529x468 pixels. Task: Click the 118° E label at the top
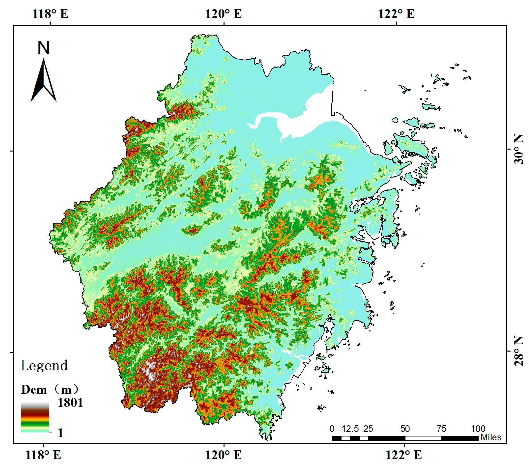pos(50,13)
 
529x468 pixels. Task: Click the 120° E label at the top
pos(223,13)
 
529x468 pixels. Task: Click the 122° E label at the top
pos(396,13)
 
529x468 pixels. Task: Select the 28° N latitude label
pos(518,351)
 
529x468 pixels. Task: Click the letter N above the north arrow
pos(44,48)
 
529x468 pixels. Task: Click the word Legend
pos(44,366)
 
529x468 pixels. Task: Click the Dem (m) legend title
pos(49,389)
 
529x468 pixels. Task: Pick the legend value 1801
pos(70,403)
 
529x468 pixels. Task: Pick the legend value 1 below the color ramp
pos(60,433)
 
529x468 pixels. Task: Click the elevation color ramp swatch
pos(35,417)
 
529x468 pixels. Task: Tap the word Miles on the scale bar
pos(491,437)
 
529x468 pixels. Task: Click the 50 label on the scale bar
pos(405,429)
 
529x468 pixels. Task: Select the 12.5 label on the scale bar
pos(350,429)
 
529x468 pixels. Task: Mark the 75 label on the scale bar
pos(441,429)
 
